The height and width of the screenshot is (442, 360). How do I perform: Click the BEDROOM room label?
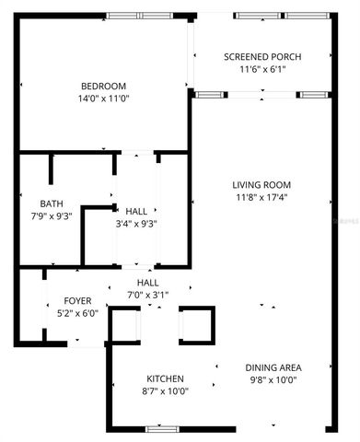tap(102, 87)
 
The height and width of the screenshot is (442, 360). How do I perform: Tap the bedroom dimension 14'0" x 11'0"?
tap(102, 99)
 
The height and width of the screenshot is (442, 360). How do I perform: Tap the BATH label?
tap(51, 204)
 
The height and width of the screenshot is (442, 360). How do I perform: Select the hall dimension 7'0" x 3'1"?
tap(148, 294)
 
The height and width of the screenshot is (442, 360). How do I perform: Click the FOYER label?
tap(77, 301)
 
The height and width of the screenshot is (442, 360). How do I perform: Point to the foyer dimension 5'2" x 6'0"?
tap(77, 313)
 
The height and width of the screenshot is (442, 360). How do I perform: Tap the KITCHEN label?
tap(166, 378)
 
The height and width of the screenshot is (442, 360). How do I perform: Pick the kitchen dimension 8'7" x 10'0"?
tap(166, 390)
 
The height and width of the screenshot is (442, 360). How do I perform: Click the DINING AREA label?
tap(273, 367)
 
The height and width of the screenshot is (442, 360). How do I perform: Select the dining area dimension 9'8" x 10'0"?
tap(273, 379)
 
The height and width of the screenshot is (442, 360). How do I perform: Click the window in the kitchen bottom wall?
tap(161, 429)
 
